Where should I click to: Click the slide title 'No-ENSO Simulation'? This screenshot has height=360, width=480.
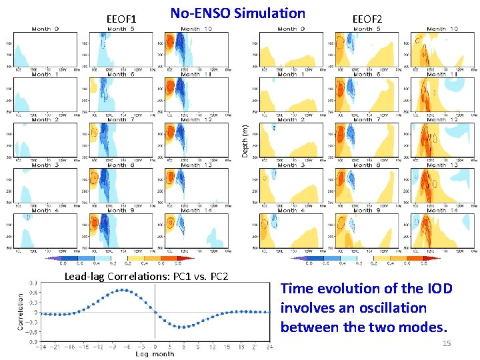click(237, 13)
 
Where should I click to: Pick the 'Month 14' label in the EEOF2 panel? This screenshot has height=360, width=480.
click(442, 211)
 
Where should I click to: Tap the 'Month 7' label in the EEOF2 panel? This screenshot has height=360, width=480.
click(363, 120)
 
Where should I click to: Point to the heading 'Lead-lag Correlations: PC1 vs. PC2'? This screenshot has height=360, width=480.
click(146, 277)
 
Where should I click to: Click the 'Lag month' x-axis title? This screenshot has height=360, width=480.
click(155, 353)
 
